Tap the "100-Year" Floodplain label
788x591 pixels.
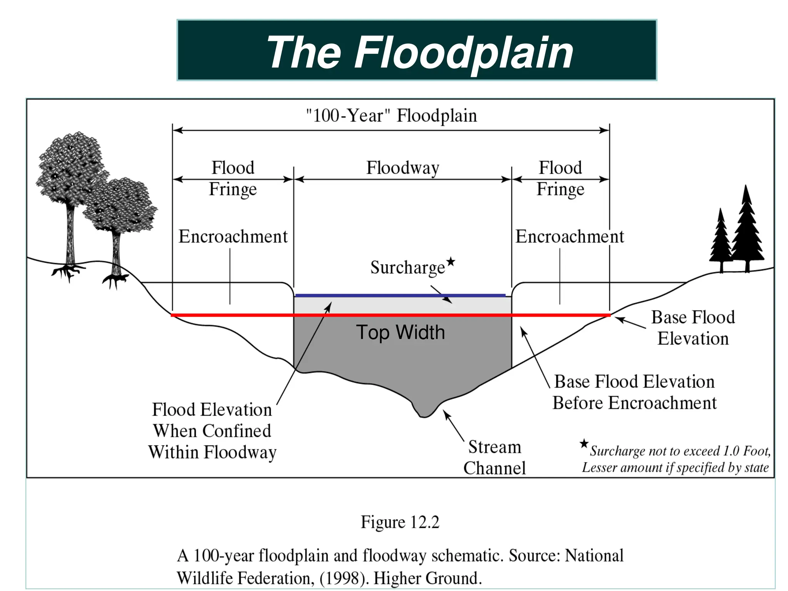pyautogui.click(x=391, y=115)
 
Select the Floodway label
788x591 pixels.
pyautogui.click(x=402, y=168)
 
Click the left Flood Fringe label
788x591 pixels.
pyautogui.click(x=233, y=178)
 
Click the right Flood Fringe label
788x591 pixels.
pyautogui.click(x=560, y=178)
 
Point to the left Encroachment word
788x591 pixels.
pyautogui.click(x=233, y=236)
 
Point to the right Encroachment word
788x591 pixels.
pyautogui.click(x=569, y=236)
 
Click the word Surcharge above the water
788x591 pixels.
pyautogui.click(x=407, y=267)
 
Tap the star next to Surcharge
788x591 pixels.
pyautogui.click(x=451, y=262)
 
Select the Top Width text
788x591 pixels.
pyautogui.click(x=400, y=332)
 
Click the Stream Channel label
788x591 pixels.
pyautogui.click(x=494, y=457)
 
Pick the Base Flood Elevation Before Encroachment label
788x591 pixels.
pyautogui.click(x=634, y=392)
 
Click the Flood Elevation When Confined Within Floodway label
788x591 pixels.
pyautogui.click(x=212, y=431)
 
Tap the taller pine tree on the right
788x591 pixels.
pyautogui.click(x=747, y=231)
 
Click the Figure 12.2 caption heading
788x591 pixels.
pyautogui.click(x=400, y=522)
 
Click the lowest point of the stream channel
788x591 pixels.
pyautogui.click(x=424, y=416)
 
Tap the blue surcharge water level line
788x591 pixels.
pyautogui.click(x=400, y=295)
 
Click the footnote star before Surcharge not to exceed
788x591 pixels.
pyautogui.click(x=584, y=444)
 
